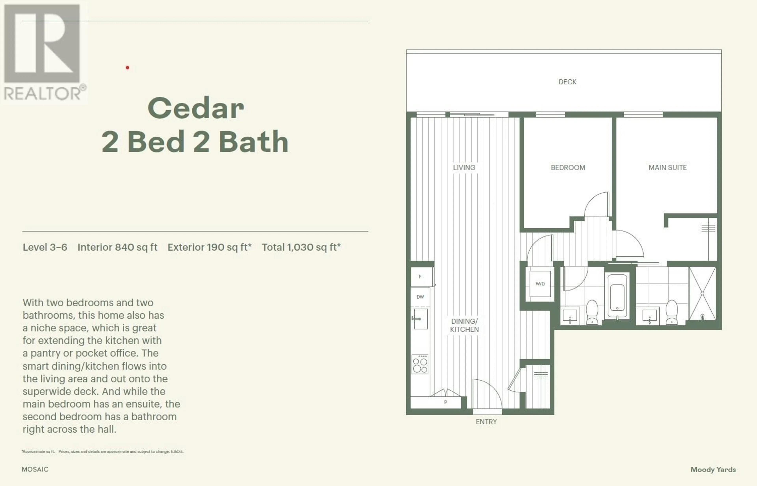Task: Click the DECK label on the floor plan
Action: (567, 82)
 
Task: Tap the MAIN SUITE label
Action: (667, 168)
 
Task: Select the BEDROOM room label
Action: (568, 168)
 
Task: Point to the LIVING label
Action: (464, 168)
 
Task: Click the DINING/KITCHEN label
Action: (464, 325)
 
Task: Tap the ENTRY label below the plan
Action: (486, 422)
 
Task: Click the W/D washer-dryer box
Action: (540, 284)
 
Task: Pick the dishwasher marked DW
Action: (420, 297)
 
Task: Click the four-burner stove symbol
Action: (420, 364)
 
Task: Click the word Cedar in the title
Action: (196, 108)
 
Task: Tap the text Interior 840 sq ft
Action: (117, 247)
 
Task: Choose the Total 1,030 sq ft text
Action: (301, 247)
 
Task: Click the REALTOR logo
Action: (44, 52)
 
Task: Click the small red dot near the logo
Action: (128, 68)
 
